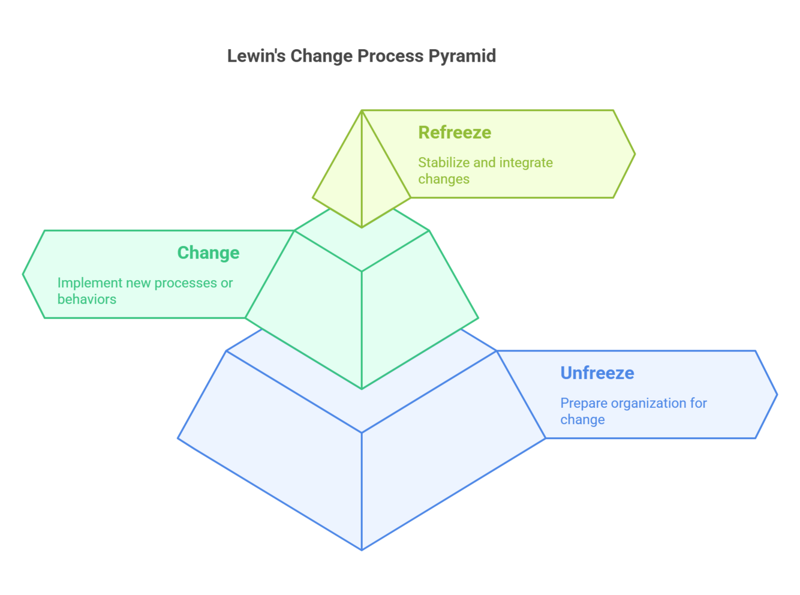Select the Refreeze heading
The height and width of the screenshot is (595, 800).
coord(455,133)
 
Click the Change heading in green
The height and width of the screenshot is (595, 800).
coord(208,253)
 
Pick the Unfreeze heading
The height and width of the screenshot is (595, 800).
coord(597,373)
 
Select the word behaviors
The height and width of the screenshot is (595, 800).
coord(87,299)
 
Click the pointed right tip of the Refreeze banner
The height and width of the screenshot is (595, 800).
coord(634,154)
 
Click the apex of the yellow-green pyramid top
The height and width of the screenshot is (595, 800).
coord(362,111)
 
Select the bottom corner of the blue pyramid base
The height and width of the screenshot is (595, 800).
coord(362,549)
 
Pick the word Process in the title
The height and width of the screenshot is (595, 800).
coord(391,56)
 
